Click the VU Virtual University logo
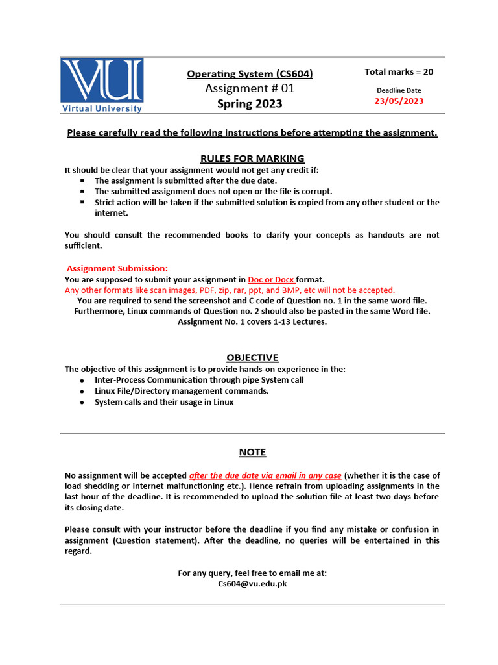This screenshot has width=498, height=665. pos(102,86)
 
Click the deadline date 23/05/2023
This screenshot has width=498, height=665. pos(399,101)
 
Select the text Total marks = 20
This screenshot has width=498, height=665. pos(399,72)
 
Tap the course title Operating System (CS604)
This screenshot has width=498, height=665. pos(250,74)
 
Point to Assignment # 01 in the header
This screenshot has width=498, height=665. pos(250,88)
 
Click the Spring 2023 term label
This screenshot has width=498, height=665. pos(250,104)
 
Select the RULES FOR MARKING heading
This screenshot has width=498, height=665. pos(252,158)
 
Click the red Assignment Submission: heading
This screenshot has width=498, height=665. pos(117,268)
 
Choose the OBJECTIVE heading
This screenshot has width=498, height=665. pos(252,357)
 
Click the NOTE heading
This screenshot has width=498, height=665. pos(252,452)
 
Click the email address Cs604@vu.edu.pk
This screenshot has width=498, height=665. pos(252,584)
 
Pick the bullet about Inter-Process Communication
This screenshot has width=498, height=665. pos(198,380)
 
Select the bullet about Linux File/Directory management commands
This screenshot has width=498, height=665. pos(182,391)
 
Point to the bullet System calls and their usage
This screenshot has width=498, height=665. pos(164,402)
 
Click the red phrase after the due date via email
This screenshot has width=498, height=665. pos(265,475)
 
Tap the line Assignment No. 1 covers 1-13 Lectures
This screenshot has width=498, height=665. pos(252,321)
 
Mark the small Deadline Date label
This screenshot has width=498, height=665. pos(399,90)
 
